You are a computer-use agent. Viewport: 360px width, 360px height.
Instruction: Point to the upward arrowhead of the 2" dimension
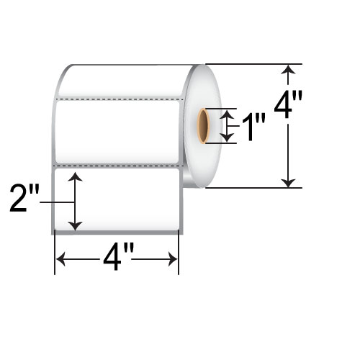click(x=76, y=176)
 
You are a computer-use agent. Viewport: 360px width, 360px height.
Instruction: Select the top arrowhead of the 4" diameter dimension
click(x=289, y=69)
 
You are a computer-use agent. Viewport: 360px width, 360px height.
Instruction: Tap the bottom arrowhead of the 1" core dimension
click(x=228, y=138)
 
